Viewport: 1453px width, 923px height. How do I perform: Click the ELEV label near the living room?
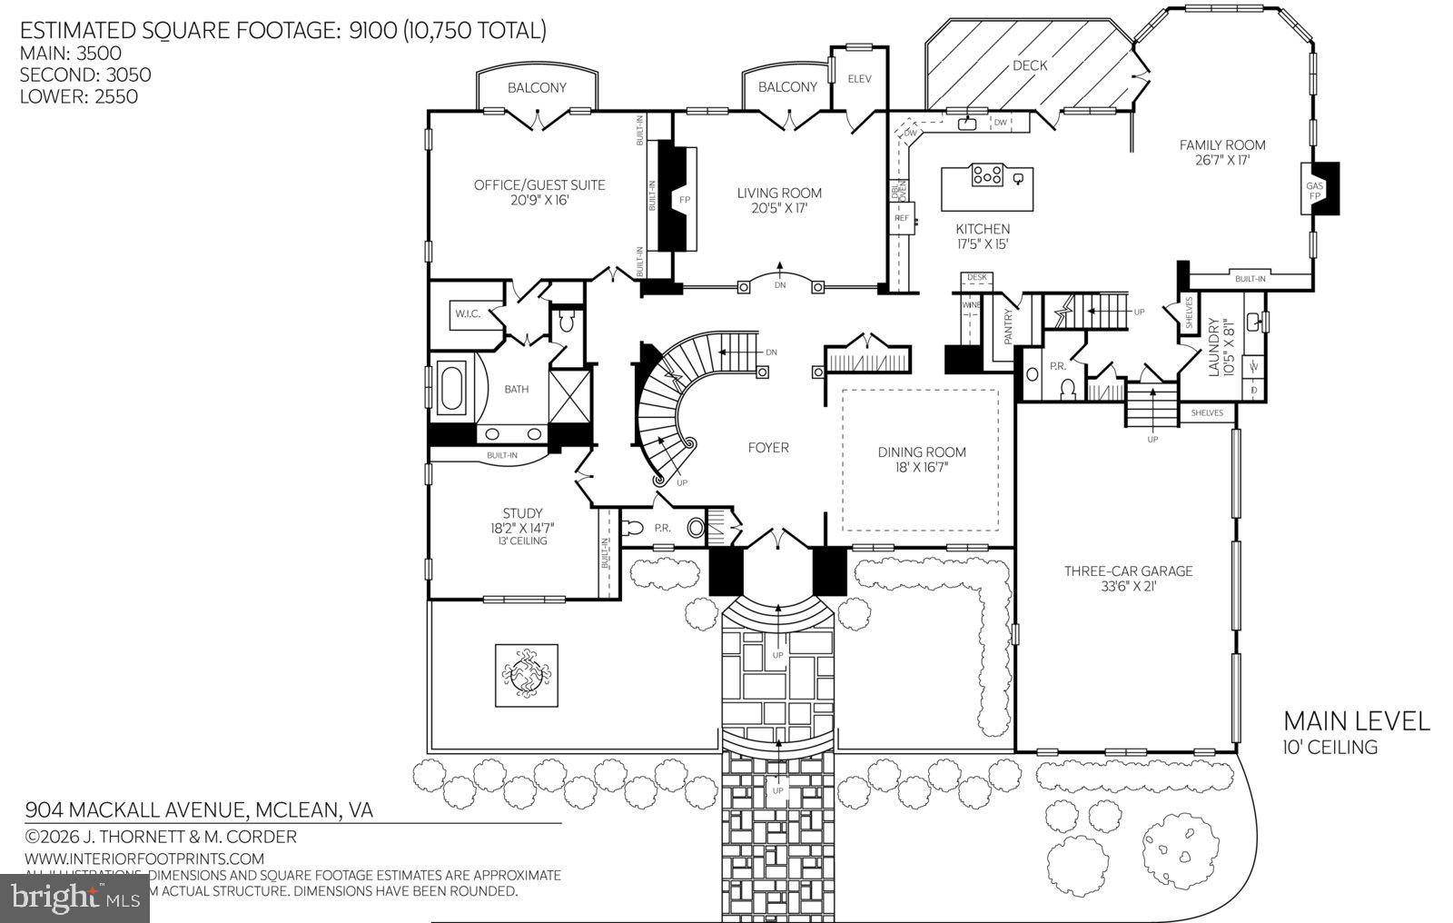click(x=859, y=79)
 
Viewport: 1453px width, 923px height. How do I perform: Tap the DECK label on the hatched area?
click(x=1030, y=65)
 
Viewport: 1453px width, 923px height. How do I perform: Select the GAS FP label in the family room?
click(x=1314, y=190)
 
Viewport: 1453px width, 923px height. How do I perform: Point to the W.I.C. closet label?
click(x=468, y=314)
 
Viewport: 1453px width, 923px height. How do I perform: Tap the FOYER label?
click(x=768, y=447)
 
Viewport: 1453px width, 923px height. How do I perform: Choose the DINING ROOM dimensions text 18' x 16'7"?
click(x=921, y=467)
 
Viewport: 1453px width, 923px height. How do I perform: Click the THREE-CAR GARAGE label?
click(x=1128, y=571)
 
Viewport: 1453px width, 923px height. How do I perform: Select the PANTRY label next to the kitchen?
click(x=1008, y=327)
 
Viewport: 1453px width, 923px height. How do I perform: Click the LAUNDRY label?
click(x=1214, y=347)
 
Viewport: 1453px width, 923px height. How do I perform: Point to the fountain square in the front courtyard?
click(x=527, y=675)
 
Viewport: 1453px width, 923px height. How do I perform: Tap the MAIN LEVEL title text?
click(x=1356, y=721)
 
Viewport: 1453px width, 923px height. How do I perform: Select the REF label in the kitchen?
click(x=901, y=218)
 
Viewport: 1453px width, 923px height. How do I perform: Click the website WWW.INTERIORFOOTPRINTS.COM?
click(x=144, y=858)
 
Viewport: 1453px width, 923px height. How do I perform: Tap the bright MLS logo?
click(x=74, y=898)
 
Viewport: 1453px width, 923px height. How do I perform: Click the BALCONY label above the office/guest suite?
click(x=537, y=87)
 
